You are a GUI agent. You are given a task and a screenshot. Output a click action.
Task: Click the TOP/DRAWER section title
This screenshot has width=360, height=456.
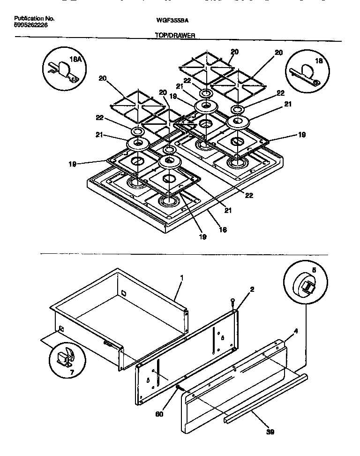coord(175,35)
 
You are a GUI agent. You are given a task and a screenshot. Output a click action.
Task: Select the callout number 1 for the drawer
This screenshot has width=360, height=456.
coord(182,278)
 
